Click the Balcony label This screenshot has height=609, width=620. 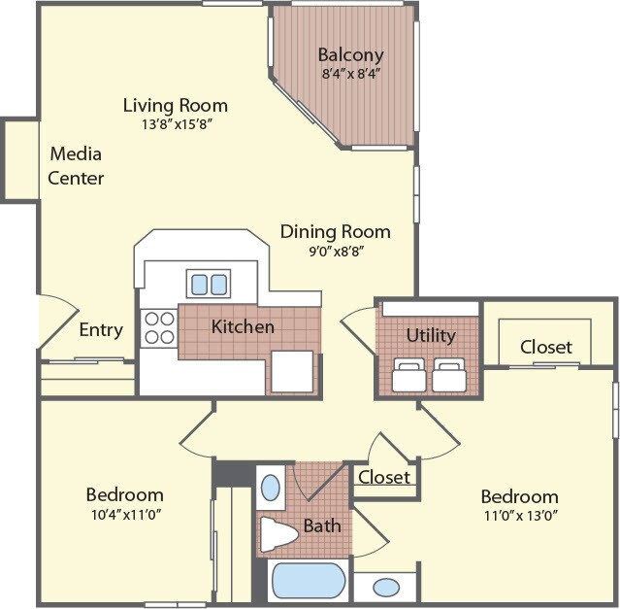click(x=350, y=54)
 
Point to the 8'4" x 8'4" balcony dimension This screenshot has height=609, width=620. click(x=350, y=72)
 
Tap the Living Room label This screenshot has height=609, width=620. click(x=175, y=105)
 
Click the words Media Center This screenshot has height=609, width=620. click(x=76, y=165)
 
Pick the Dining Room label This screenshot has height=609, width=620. click(x=335, y=231)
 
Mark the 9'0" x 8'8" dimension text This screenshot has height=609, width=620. click(x=335, y=250)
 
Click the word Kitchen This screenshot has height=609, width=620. click(x=243, y=326)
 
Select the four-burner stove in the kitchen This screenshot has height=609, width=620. click(x=158, y=328)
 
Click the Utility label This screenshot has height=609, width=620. click(x=430, y=335)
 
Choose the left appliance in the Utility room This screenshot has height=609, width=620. click(x=408, y=374)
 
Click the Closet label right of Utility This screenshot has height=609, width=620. click(x=545, y=346)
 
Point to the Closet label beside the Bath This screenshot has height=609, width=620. click(x=384, y=477)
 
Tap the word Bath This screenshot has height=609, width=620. click(x=322, y=525)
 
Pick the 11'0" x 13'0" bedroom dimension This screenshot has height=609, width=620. click(x=519, y=514)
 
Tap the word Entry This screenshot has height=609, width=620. click(x=101, y=330)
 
